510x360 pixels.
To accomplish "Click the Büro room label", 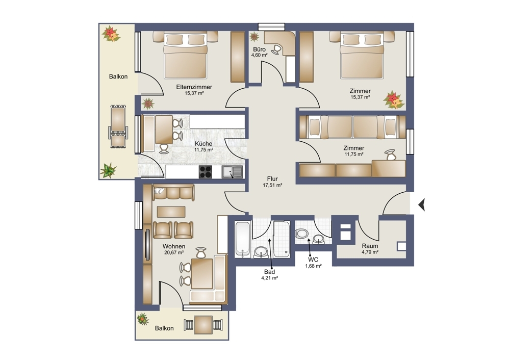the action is pyautogui.click(x=259, y=49).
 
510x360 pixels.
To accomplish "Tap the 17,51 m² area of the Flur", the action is pyautogui.click(x=272, y=185).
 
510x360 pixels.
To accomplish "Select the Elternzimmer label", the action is pyautogui.click(x=194, y=87).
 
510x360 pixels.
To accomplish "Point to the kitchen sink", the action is pyautogui.click(x=232, y=172).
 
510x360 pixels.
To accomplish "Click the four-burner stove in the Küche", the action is pyautogui.click(x=205, y=172).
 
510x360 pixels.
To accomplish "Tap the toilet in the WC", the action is pyautogui.click(x=301, y=233).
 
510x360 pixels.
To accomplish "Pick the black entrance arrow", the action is pyautogui.click(x=422, y=205).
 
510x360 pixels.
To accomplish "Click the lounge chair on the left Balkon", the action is pyautogui.click(x=118, y=126).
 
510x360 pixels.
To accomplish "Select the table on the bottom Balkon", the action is pyautogui.click(x=203, y=324).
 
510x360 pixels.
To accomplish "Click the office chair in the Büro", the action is pyautogui.click(x=277, y=49).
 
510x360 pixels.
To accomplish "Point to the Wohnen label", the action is pyautogui.click(x=174, y=246).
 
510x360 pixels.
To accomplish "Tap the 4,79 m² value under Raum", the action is pyautogui.click(x=370, y=252).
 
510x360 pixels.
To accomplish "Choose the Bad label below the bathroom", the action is pyautogui.click(x=269, y=272).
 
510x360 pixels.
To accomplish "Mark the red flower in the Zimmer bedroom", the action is pyautogui.click(x=393, y=100).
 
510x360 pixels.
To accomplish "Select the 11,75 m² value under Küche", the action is pyautogui.click(x=203, y=150).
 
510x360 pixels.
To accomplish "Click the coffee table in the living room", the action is pyautogui.click(x=171, y=212).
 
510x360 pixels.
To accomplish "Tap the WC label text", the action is pyautogui.click(x=313, y=260).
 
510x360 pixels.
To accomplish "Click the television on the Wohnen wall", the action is pyautogui.click(x=148, y=245).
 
